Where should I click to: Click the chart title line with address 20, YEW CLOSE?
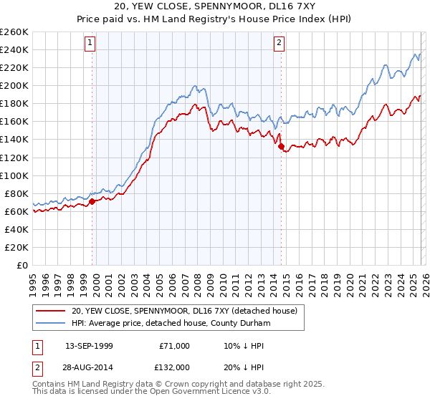215,6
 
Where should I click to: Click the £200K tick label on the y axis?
14,85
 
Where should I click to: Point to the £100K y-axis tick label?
14,175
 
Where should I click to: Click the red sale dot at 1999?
92,201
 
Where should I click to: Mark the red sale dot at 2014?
280,147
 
